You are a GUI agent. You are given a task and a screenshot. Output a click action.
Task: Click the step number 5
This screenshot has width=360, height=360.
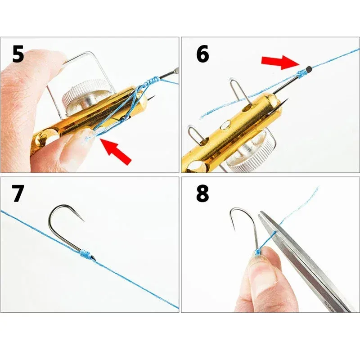(18, 54)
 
